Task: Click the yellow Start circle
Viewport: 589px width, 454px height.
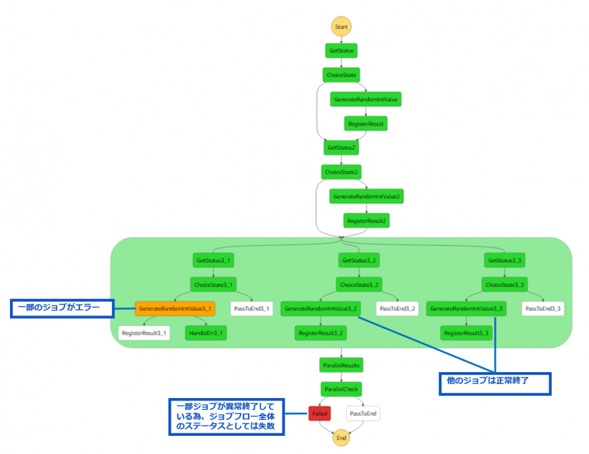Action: click(x=341, y=27)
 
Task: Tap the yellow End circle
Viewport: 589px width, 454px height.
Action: click(x=341, y=437)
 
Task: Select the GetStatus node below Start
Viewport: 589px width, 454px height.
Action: click(x=341, y=50)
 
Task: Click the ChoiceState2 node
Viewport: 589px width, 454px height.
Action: click(x=341, y=172)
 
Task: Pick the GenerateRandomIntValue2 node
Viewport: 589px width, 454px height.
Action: click(x=366, y=196)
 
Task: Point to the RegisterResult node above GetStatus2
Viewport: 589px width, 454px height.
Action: click(x=365, y=123)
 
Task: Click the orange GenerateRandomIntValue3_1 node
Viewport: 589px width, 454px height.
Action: click(x=175, y=309)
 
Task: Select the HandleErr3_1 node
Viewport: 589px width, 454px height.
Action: click(x=206, y=333)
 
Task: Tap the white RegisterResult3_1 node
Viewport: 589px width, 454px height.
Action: click(x=144, y=333)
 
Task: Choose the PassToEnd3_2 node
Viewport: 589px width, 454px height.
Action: click(x=397, y=309)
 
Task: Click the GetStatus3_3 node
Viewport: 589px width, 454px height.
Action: click(x=505, y=260)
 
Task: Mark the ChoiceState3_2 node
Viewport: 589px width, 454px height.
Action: click(x=360, y=285)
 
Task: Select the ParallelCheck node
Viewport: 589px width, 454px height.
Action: click(x=341, y=389)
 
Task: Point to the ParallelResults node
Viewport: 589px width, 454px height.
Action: click(x=341, y=365)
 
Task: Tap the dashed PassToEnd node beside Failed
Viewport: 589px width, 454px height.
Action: click(x=363, y=413)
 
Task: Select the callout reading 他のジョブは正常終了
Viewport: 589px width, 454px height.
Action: click(x=494, y=384)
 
